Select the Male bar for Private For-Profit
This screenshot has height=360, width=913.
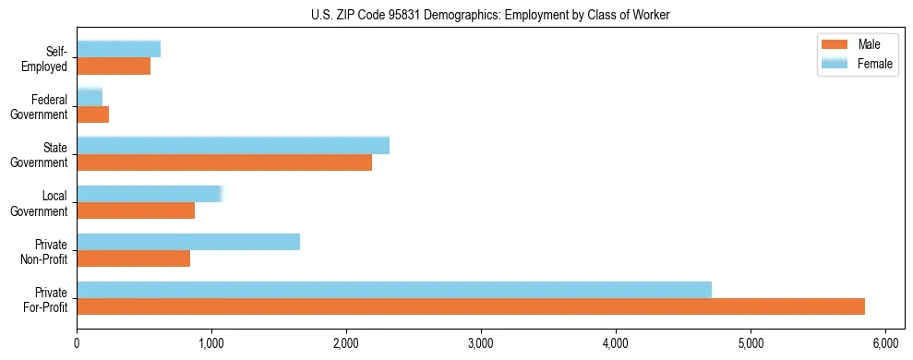click(x=471, y=306)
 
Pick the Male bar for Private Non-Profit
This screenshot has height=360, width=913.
click(x=133, y=258)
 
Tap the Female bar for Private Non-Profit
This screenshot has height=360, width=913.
click(x=188, y=241)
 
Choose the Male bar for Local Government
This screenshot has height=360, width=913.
click(x=136, y=210)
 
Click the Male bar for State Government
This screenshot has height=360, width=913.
click(x=224, y=162)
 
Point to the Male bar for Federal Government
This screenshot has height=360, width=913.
click(x=92, y=114)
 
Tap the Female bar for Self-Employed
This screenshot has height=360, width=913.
click(x=118, y=49)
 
